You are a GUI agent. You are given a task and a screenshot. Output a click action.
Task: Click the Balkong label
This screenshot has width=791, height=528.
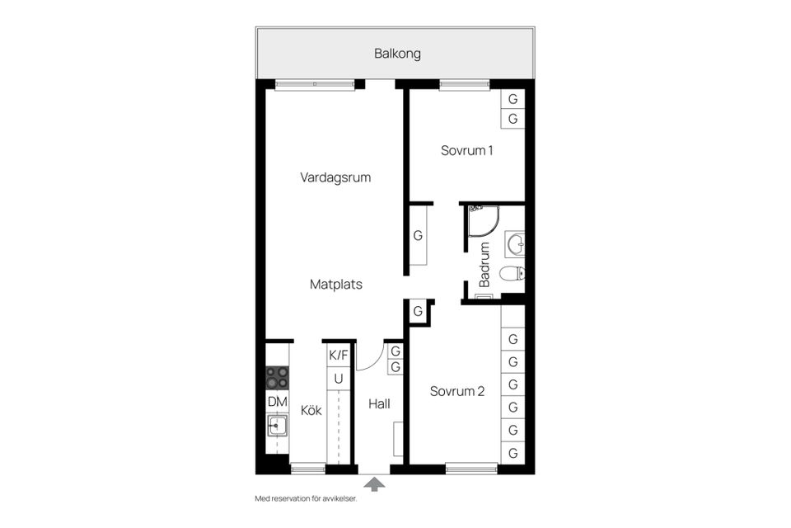[397, 54]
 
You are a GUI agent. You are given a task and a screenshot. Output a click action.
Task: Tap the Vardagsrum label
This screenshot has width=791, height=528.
[335, 177]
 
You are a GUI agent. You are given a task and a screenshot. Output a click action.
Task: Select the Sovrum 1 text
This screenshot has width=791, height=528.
[466, 151]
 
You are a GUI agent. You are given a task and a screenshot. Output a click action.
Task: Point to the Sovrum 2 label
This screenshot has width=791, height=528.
[457, 391]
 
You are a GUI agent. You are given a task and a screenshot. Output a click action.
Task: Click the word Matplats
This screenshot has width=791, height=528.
[336, 284]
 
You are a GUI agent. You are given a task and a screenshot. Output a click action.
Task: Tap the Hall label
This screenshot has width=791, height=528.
[379, 404]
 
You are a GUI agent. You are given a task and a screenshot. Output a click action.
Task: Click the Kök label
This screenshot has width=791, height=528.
[311, 410]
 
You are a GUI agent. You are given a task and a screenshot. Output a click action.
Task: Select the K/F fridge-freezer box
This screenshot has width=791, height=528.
[339, 356]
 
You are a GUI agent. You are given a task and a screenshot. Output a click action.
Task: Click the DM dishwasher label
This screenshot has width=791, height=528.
[277, 402]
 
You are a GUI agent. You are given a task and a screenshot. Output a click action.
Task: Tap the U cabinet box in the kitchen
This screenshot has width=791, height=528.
[338, 379]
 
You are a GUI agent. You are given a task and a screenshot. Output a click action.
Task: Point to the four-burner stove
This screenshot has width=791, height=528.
[277, 378]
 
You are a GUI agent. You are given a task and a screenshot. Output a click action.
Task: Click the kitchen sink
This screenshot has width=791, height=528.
[277, 426]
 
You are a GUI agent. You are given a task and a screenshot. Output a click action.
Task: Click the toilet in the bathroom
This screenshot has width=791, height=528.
[514, 273]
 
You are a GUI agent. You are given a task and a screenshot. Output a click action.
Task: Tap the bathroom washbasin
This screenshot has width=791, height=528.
[515, 243]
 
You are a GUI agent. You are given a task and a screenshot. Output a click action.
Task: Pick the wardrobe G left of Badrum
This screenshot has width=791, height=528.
[418, 236]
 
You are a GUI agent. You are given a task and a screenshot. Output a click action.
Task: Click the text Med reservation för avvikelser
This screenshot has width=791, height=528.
[306, 499]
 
